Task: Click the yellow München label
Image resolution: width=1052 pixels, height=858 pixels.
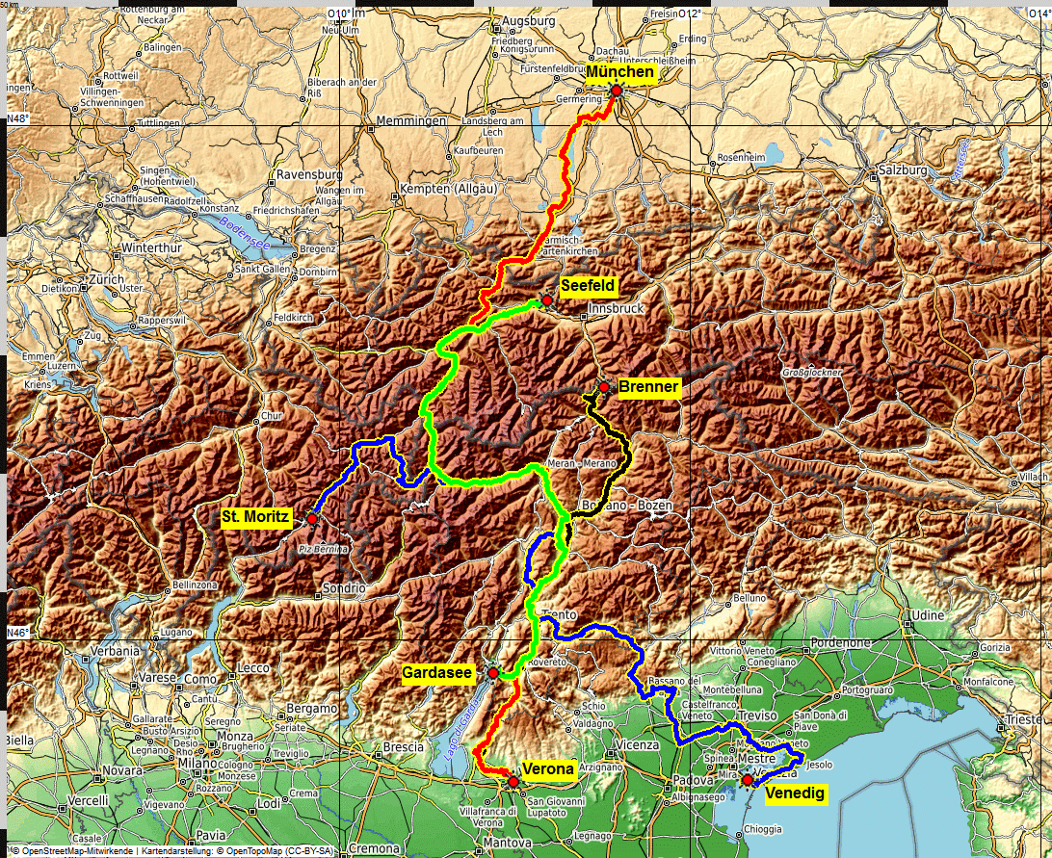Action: coord(621,73)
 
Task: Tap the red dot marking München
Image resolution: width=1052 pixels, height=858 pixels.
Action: coord(617,90)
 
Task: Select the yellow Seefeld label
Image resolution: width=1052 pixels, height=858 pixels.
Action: coord(587,285)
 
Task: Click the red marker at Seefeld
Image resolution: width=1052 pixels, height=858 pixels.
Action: coord(546,300)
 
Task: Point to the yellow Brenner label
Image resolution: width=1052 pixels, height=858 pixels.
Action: coord(648,387)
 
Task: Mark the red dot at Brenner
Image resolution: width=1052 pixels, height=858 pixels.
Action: coord(603,387)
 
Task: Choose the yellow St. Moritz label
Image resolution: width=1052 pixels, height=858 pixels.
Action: coord(255,518)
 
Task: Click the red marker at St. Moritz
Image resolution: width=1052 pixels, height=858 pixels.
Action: coord(312,519)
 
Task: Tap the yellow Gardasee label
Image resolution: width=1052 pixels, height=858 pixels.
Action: coord(437,673)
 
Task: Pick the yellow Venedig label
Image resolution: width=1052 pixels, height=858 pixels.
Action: coord(795,793)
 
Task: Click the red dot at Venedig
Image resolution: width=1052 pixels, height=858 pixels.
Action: coord(747,779)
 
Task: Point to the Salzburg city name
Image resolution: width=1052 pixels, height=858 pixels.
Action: coord(901,170)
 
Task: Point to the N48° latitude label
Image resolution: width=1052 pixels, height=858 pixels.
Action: coord(18,117)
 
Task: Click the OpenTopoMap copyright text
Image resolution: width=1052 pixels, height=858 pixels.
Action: coord(280,850)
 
